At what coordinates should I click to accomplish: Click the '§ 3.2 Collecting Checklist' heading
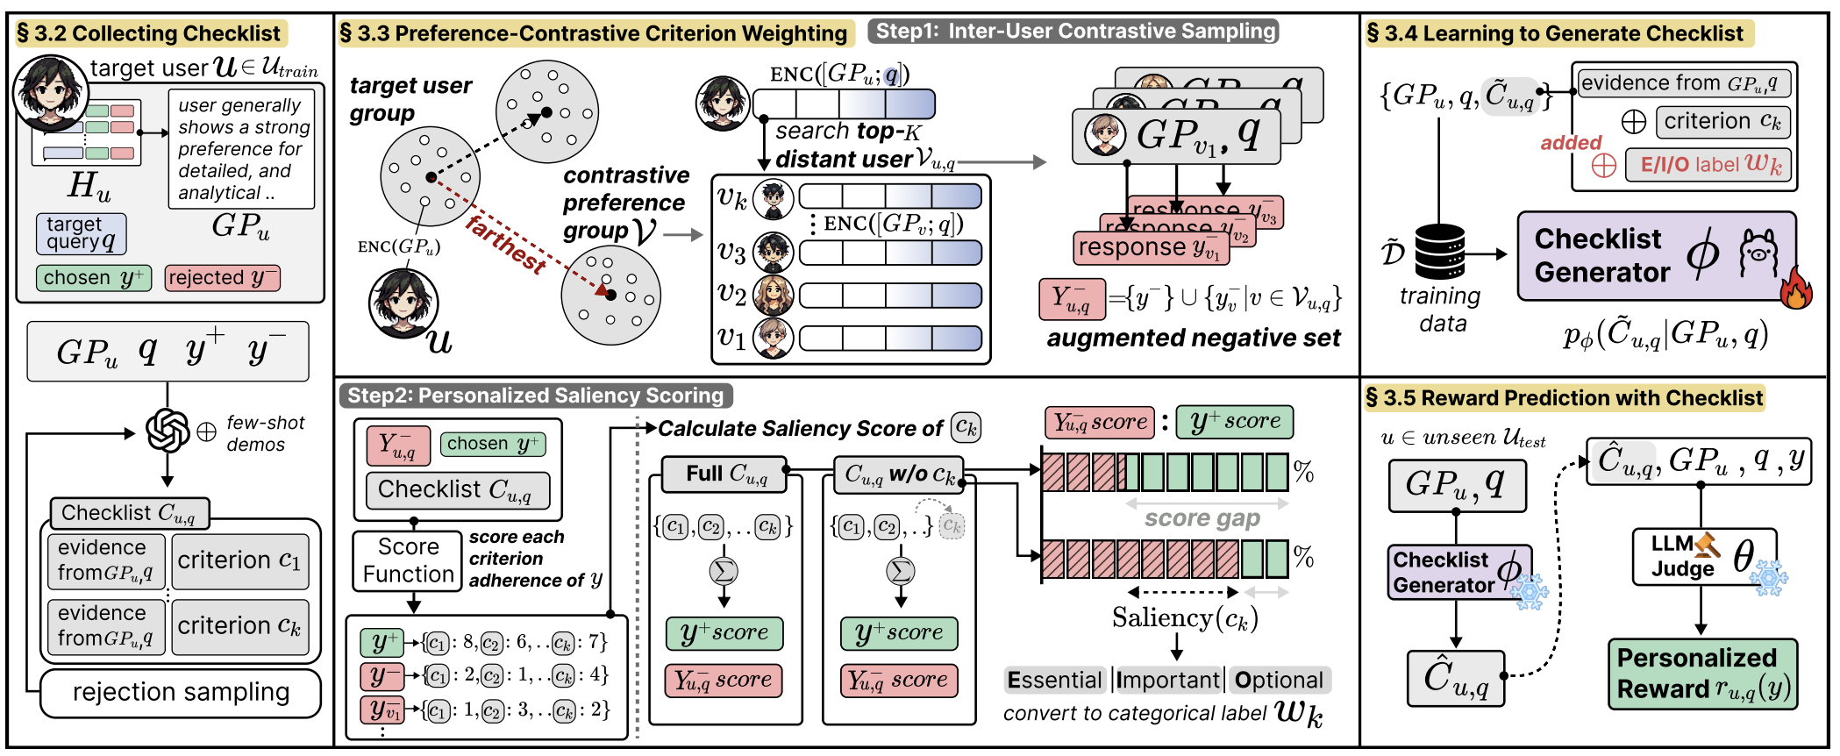pos(149,33)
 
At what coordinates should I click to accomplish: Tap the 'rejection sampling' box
pos(181,693)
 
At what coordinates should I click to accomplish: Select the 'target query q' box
pos(81,234)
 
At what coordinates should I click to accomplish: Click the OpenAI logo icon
pos(167,431)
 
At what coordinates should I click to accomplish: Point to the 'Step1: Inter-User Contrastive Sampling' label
pos(1073,32)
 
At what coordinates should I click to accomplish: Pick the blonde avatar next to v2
pos(773,296)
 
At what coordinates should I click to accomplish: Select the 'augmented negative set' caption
pos(1193,339)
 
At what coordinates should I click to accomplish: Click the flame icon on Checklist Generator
pos(1795,289)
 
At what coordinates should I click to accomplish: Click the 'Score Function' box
pos(408,560)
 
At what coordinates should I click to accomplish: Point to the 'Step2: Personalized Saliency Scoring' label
pos(535,396)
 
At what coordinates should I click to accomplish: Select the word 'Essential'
pos(1054,681)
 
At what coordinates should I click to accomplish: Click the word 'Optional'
pos(1279,681)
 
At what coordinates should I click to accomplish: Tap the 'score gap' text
pos(1202,518)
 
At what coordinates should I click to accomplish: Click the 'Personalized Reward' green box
pos(1701,674)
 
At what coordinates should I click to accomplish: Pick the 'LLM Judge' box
pos(1703,556)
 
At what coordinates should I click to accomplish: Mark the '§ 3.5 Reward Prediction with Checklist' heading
pos(1565,398)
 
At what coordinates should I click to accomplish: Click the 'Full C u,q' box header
pos(724,474)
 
